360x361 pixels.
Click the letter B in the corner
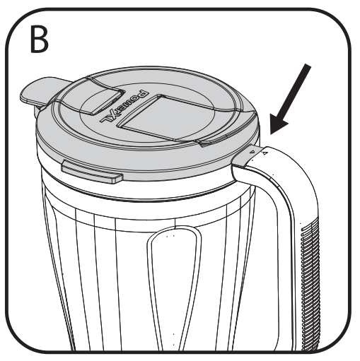coord(39,39)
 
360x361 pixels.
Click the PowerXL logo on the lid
coord(124,107)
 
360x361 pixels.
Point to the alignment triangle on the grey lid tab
coord(252,152)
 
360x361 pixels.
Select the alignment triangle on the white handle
coord(265,153)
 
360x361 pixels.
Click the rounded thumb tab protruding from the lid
coord(41,91)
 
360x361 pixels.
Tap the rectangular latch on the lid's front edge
coord(91,172)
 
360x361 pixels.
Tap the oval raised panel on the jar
coord(175,283)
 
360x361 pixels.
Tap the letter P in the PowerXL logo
coord(143,94)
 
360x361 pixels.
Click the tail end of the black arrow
coord(308,65)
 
